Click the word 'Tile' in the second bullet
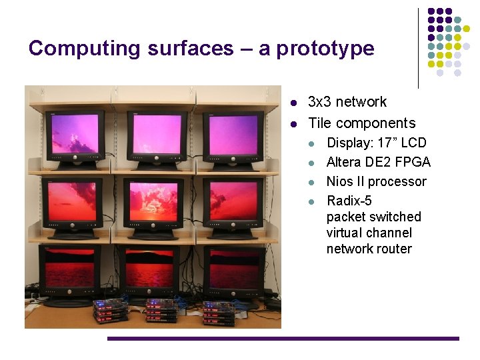coord(319,123)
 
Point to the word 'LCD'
coord(413,143)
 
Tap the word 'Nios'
coord(339,181)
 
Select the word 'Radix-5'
coord(349,201)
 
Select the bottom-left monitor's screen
coord(69,267)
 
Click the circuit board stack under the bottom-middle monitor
coord(161,311)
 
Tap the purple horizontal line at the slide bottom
coord(283,339)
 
